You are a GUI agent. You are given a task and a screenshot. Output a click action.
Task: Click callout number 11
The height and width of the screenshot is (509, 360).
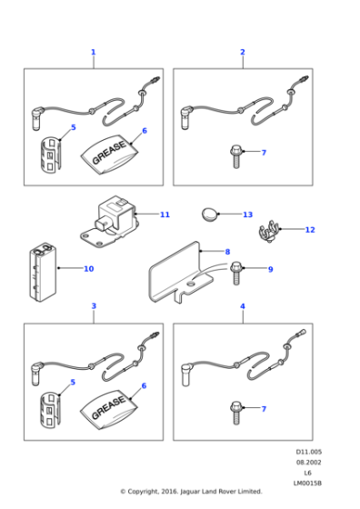(x=165, y=215)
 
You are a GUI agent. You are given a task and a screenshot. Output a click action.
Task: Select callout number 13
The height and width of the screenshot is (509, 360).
(x=247, y=215)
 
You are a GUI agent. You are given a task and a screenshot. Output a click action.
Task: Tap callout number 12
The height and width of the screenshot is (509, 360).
(x=310, y=230)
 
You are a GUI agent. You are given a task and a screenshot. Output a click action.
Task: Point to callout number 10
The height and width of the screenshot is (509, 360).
(x=88, y=269)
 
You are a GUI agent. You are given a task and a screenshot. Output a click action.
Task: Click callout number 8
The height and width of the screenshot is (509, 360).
(x=227, y=252)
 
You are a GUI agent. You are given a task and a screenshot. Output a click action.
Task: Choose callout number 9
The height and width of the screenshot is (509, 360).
(x=270, y=269)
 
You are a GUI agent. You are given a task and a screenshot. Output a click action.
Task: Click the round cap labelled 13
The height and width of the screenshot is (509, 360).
(x=210, y=214)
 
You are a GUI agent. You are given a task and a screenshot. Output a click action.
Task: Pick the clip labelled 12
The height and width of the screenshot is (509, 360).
(x=268, y=232)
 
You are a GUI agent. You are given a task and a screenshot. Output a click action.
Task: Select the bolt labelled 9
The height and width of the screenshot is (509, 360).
(x=236, y=274)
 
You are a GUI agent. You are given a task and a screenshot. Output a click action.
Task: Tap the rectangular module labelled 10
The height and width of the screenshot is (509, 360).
(x=43, y=272)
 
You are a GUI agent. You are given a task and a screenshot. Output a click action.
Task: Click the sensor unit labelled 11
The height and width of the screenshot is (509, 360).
(x=110, y=223)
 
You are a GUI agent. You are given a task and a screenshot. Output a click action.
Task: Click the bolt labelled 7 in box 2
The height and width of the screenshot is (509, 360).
(x=236, y=157)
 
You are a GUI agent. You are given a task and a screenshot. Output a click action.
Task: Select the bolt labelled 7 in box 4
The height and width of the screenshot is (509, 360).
(x=236, y=413)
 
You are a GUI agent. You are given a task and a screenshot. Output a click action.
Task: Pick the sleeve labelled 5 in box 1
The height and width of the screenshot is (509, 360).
(x=51, y=154)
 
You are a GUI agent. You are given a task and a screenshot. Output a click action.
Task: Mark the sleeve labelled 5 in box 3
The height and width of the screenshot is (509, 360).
(x=51, y=409)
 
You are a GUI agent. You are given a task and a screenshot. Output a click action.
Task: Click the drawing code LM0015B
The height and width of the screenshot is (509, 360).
(x=307, y=484)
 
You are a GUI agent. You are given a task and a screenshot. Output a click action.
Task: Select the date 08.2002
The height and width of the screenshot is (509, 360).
(x=308, y=463)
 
